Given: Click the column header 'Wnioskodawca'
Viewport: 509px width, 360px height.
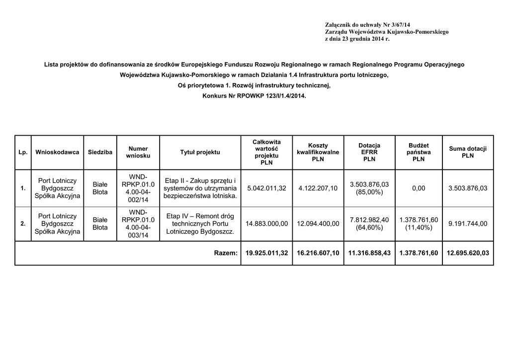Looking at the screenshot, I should click(x=57, y=152).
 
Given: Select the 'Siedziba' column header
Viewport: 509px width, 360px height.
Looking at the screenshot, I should click(x=100, y=152).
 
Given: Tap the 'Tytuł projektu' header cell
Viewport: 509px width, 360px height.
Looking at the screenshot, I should click(x=200, y=152).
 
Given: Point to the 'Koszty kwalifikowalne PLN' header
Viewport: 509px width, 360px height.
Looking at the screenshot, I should click(x=318, y=152).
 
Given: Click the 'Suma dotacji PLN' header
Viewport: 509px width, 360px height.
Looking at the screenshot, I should click(x=467, y=152).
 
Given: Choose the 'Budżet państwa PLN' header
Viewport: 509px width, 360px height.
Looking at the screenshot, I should click(x=419, y=152).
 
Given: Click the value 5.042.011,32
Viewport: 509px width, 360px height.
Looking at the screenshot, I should click(x=266, y=188).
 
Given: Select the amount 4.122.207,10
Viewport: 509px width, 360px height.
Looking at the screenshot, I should click(x=318, y=188).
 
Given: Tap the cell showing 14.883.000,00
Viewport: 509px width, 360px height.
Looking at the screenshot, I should click(x=266, y=224).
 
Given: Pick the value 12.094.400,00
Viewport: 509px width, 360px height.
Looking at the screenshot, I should click(x=318, y=224).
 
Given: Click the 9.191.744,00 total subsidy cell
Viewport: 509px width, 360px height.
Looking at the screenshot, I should click(x=467, y=224).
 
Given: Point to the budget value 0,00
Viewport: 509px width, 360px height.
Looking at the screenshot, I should click(x=419, y=188).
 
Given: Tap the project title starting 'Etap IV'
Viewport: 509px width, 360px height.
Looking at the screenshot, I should click(x=200, y=224).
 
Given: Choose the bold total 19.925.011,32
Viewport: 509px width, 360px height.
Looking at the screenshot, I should click(x=266, y=254).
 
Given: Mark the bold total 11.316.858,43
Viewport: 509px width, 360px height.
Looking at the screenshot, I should click(x=369, y=254).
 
